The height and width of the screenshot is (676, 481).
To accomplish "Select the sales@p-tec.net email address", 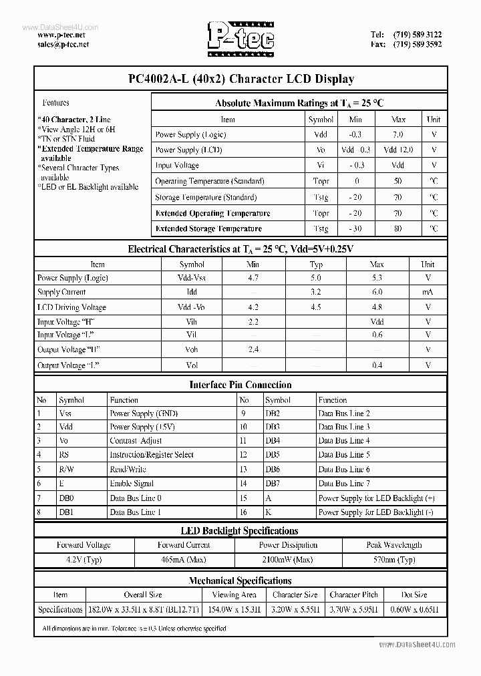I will click(x=63, y=44).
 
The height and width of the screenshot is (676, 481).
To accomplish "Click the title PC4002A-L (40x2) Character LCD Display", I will click(x=240, y=79).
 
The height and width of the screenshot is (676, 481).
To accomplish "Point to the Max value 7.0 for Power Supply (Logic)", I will click(x=398, y=134).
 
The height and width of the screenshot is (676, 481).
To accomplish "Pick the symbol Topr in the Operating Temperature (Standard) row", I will click(x=321, y=181).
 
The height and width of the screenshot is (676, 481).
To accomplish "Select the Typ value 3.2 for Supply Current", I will click(x=316, y=292).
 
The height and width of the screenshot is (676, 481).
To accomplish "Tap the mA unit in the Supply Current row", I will click(x=428, y=292).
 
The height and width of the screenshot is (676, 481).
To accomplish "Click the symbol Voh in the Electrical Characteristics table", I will click(x=192, y=349).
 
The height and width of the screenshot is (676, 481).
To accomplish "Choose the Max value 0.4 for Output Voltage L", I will click(x=377, y=365).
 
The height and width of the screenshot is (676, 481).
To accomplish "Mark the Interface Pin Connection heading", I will click(x=240, y=385).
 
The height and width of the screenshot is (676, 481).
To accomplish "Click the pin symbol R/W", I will click(x=66, y=470).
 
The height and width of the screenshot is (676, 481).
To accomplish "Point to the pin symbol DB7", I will click(x=273, y=484).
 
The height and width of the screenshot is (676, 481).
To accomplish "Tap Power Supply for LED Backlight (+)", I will click(x=377, y=498).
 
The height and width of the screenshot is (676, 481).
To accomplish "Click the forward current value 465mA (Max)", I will click(x=184, y=560).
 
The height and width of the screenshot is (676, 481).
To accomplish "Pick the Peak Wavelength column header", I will click(x=394, y=545).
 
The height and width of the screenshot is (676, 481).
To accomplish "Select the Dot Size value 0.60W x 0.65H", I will click(x=415, y=609).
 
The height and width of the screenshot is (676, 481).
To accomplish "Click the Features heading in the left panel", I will click(x=55, y=103).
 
